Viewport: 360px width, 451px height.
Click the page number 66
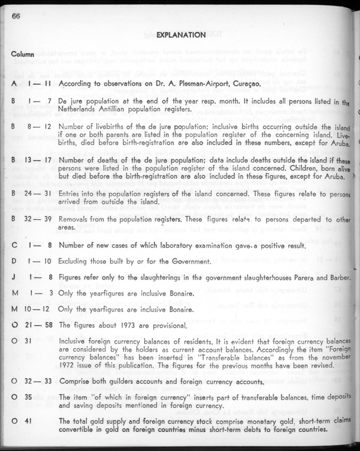coord(16,16)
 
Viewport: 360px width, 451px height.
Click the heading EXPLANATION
coord(181,35)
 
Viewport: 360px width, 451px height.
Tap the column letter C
coord(14,245)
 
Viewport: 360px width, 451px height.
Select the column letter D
coord(14,262)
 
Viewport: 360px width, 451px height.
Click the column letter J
coord(14,278)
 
